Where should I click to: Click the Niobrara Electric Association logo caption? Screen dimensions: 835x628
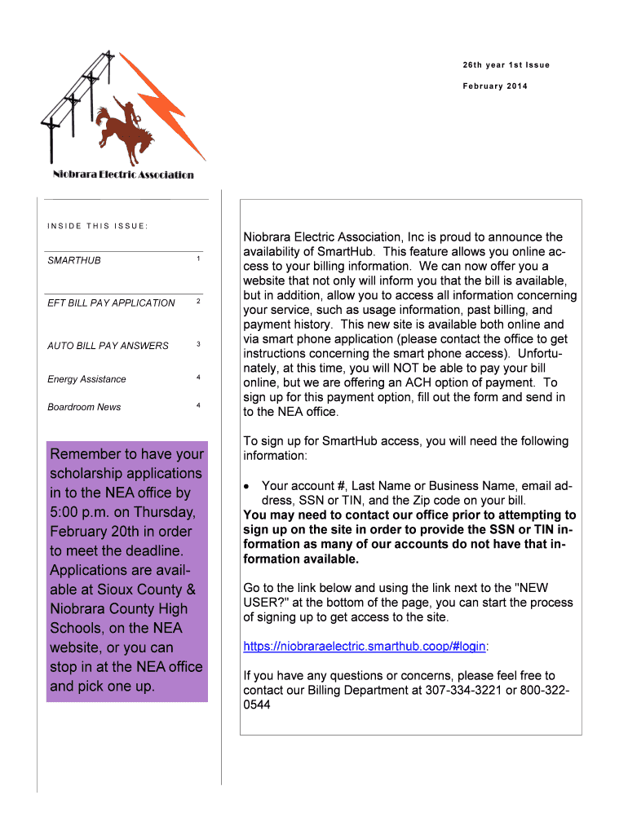pos(123,175)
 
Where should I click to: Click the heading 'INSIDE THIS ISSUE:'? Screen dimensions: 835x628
pos(97,226)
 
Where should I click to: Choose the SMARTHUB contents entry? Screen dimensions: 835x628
pos(74,260)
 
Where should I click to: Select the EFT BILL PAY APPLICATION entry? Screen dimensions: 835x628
pos(111,303)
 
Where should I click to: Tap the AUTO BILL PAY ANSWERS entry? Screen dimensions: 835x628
pos(108,346)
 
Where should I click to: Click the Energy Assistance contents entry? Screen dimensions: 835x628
pos(86,379)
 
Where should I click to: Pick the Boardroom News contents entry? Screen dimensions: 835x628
pos(84,407)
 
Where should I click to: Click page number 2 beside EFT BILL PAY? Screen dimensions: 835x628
pos(198,302)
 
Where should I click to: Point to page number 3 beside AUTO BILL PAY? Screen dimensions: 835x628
pos(198,344)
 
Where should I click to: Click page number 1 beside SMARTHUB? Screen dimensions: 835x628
pos(198,258)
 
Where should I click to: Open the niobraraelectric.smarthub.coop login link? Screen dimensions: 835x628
pos(365,647)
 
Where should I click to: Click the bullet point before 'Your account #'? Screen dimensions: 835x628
pos(248,486)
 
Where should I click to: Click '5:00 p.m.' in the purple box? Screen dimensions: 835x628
pos(81,512)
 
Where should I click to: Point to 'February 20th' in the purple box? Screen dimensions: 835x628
pos(95,532)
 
